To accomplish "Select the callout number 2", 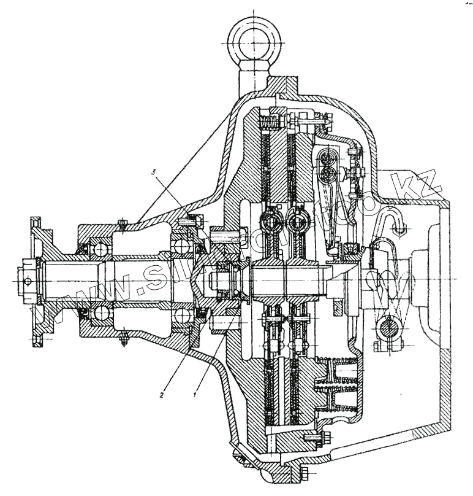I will tap(161, 395).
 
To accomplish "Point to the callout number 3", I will tap(156, 174).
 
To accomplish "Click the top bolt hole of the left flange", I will tap(36, 222).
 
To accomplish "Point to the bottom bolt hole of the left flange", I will tap(37, 337).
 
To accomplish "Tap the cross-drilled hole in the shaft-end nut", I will tap(26, 281).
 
